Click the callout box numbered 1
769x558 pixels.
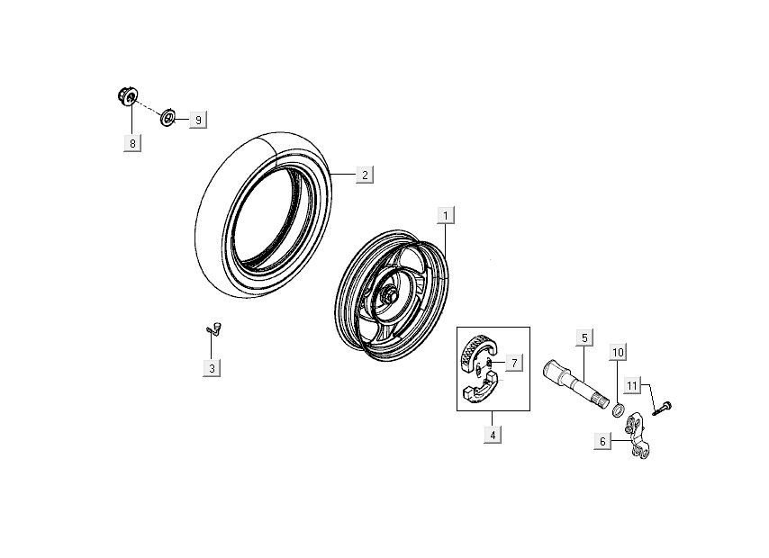click(x=447, y=215)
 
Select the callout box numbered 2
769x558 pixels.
click(x=363, y=175)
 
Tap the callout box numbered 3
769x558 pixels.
click(x=212, y=368)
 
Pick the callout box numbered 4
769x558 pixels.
click(x=492, y=435)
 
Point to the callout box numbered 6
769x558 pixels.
click(x=601, y=441)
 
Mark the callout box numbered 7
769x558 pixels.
click(x=514, y=363)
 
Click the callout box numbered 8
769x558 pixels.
click(x=132, y=143)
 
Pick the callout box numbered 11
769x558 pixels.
click(x=633, y=385)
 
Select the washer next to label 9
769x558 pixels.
click(x=167, y=118)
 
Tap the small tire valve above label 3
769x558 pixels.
click(x=213, y=330)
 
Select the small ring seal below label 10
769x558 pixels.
click(x=618, y=410)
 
